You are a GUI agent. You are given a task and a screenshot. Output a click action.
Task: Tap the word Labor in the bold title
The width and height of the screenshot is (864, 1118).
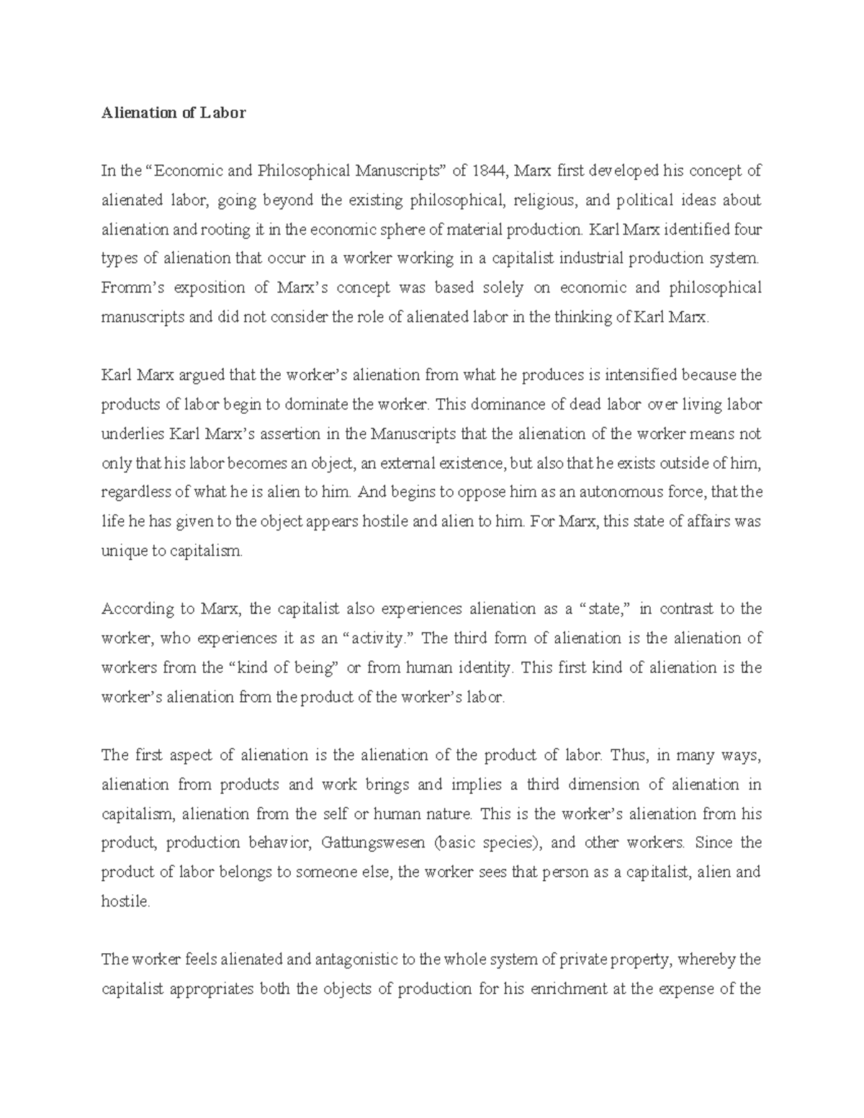click(224, 112)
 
